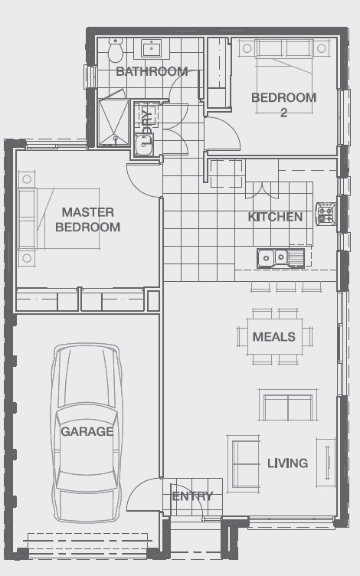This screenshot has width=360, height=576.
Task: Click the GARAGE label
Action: coord(87,431)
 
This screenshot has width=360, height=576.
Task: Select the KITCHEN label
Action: coord(275,217)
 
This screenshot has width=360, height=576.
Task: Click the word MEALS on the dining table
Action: coord(273,336)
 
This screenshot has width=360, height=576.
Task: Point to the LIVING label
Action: coord(287,463)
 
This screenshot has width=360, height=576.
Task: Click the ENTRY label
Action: coord(191,496)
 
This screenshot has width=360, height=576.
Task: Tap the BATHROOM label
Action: coord(152,71)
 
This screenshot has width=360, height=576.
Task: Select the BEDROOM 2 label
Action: coord(283,104)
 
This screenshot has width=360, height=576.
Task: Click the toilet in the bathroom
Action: coord(116,51)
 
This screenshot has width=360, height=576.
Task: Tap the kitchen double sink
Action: coord(273,257)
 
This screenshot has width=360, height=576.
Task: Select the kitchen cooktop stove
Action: coord(326,214)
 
